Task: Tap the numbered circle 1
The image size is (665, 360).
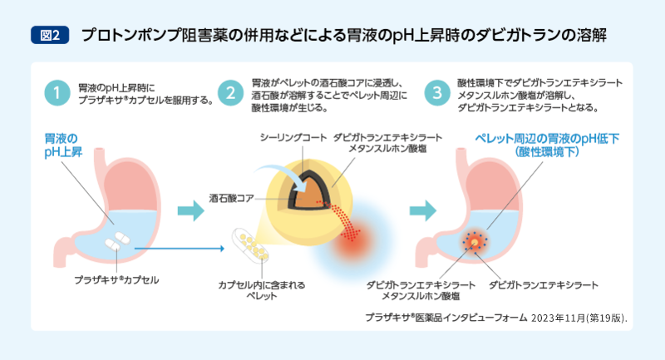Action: tap(57, 91)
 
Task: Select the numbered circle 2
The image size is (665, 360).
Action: tap(230, 91)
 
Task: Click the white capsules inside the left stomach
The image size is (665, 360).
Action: tap(116, 242)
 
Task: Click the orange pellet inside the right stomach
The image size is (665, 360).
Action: tap(475, 242)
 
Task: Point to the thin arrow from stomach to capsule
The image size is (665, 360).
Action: tap(179, 248)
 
